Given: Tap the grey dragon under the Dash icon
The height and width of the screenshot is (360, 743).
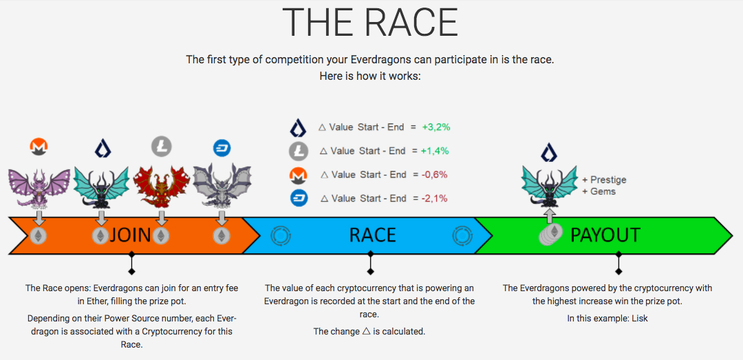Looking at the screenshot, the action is [222, 186].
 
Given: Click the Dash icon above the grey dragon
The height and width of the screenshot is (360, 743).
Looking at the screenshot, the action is [222, 148].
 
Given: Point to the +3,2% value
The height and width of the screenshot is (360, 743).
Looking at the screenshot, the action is [436, 127].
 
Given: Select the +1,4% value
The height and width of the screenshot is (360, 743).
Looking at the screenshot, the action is [435, 151].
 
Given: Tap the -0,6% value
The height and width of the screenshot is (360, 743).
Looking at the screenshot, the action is [435, 175].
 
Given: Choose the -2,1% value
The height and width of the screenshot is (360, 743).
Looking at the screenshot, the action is [434, 198].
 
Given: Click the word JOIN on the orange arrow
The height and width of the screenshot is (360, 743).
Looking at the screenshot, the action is [130, 235].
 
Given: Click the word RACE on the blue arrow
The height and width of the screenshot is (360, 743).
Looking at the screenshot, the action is [372, 235].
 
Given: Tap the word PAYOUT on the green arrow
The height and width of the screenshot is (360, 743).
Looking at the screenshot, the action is [605, 235].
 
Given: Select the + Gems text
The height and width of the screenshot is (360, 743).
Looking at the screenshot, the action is [599, 191].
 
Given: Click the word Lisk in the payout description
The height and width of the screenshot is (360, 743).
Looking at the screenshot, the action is [640, 319].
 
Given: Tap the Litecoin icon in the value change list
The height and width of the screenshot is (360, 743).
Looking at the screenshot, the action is [299, 151].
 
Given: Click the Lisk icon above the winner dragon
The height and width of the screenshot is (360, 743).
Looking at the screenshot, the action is [549, 153].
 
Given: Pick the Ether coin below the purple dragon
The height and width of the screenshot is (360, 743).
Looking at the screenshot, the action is [39, 235].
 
